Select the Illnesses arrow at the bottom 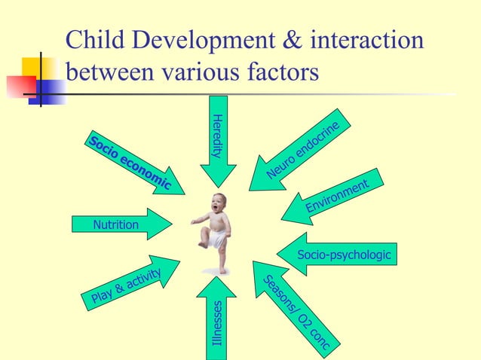[217, 320]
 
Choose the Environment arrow [332, 198]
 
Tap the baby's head [219, 203]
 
